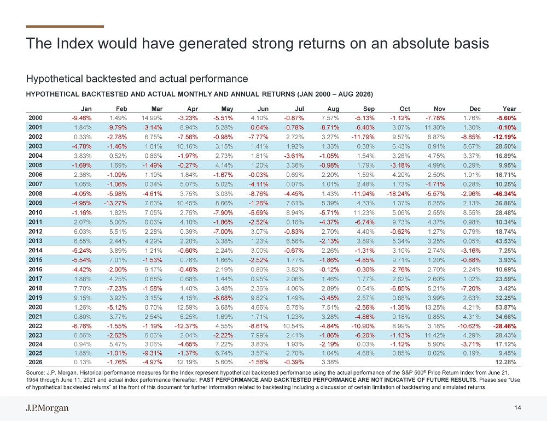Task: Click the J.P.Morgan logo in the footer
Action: click(x=47, y=408)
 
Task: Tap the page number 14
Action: click(x=517, y=408)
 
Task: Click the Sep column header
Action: click(x=369, y=109)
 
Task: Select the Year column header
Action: click(x=509, y=109)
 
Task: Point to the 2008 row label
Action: click(x=35, y=194)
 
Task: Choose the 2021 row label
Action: click(x=35, y=317)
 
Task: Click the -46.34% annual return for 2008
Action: click(x=504, y=194)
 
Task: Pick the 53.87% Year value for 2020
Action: click(x=506, y=307)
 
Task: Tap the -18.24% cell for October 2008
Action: click(x=398, y=194)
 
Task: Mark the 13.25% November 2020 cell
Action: click(x=435, y=307)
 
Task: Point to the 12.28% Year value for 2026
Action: click(x=506, y=363)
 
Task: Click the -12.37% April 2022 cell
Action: click(x=186, y=327)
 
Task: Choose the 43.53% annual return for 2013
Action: click(x=506, y=241)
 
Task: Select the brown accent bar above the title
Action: click(x=65, y=26)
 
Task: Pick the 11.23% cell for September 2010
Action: click(x=364, y=213)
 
